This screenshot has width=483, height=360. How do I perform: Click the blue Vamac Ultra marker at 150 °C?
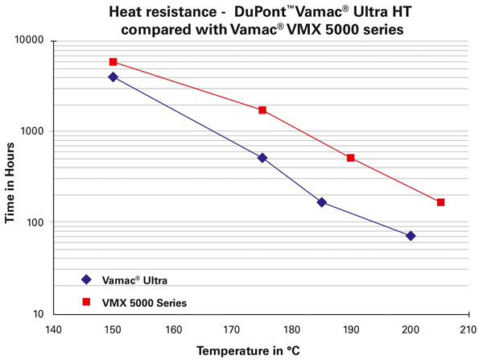[x=113, y=77]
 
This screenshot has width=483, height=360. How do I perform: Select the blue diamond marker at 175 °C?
[x=262, y=158]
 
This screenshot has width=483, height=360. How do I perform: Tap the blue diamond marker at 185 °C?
[x=322, y=202]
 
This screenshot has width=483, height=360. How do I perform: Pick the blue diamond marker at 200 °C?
[x=411, y=236]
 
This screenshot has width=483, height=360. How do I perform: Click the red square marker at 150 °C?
[x=113, y=62]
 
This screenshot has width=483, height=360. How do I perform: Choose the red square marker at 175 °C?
[x=262, y=110]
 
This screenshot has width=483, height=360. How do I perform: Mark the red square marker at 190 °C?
[x=351, y=158]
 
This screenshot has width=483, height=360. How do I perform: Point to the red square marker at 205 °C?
[x=440, y=202]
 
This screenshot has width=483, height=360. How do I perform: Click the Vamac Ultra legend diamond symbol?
[x=86, y=279]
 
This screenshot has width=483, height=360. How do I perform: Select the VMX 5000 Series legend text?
[x=145, y=302]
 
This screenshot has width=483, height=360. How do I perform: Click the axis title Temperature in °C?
[x=250, y=350]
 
